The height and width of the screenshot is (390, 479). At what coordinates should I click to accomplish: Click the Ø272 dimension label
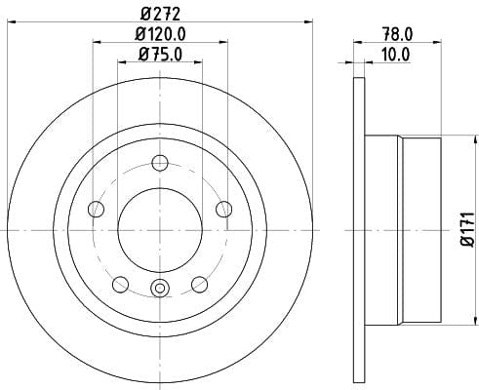coord(160,14)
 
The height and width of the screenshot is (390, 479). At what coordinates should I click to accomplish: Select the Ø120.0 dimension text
coord(160,34)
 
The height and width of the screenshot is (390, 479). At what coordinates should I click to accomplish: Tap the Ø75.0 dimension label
coord(160,54)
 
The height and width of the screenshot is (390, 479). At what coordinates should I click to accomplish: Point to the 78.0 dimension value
coord(397,34)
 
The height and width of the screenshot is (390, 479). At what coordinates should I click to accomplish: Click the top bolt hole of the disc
coord(160,163)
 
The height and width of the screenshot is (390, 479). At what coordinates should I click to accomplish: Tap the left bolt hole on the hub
coord(96,209)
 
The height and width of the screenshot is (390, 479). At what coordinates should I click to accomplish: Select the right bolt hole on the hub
coord(224,209)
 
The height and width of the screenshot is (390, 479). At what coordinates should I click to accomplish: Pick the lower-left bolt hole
coord(120,285)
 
